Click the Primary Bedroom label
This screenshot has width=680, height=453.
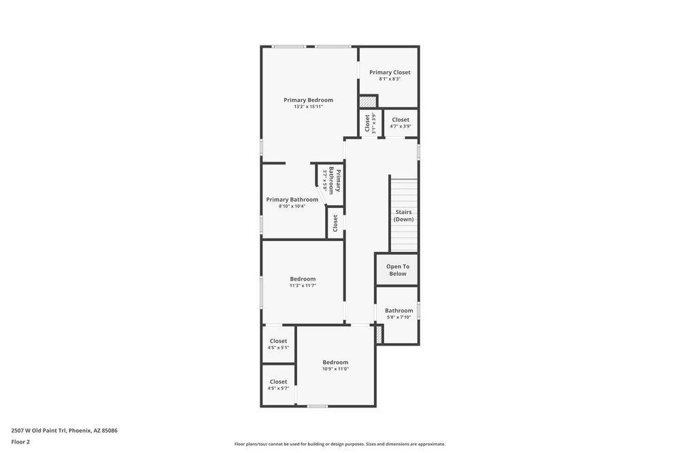308,100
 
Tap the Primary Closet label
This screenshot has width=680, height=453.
390,72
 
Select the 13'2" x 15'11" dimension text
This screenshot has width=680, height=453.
308,107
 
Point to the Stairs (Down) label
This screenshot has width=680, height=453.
403,215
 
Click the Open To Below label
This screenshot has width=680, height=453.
398,270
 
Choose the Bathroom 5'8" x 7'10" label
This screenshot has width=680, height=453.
398,310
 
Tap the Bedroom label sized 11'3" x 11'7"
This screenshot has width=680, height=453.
303,278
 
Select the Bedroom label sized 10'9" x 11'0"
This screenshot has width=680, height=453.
335,362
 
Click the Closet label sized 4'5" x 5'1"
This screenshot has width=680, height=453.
278,341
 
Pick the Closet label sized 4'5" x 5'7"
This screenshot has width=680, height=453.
278,382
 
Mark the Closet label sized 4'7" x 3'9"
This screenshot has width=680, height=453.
401,120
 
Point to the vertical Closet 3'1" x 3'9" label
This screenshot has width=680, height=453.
368,123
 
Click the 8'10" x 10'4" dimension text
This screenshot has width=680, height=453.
292,206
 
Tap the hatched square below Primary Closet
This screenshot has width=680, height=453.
368,101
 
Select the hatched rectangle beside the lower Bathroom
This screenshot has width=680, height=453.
379,334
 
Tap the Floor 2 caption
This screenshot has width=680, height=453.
20,442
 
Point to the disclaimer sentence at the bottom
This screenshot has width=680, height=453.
340,444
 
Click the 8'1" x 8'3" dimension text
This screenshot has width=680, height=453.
390,79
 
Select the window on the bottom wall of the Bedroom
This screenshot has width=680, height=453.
317,406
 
